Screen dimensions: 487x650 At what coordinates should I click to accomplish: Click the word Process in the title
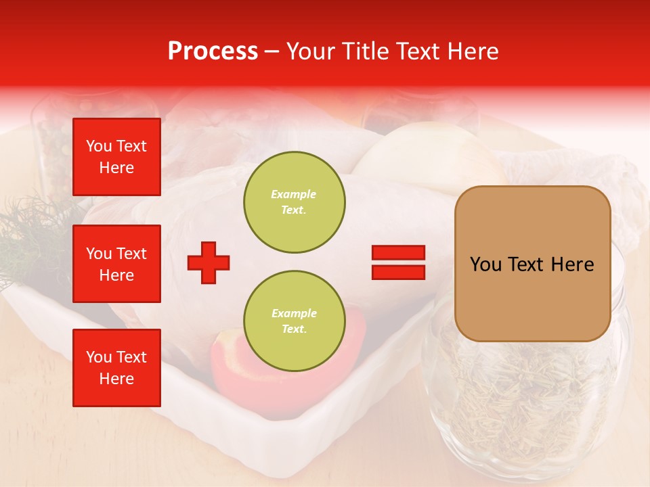(x=213, y=51)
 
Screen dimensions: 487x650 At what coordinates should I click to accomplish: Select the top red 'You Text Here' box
(x=116, y=157)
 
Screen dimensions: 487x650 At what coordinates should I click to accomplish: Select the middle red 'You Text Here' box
(x=116, y=264)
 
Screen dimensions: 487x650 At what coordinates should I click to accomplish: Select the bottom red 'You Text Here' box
(x=116, y=367)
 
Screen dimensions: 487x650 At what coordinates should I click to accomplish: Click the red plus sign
(x=209, y=262)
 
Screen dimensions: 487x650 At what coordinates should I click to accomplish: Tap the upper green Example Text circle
(x=294, y=202)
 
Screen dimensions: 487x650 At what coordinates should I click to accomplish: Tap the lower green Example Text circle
(x=294, y=321)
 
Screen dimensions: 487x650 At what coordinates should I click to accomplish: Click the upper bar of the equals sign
(x=398, y=253)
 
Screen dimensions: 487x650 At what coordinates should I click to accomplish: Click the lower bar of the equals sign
(x=398, y=272)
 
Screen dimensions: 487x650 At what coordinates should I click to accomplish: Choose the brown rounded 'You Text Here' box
(x=532, y=264)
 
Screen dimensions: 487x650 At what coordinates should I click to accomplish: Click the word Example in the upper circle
(x=294, y=194)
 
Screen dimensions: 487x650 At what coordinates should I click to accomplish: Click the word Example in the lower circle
(x=294, y=313)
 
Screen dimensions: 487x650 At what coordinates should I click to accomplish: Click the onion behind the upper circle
(x=420, y=152)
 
